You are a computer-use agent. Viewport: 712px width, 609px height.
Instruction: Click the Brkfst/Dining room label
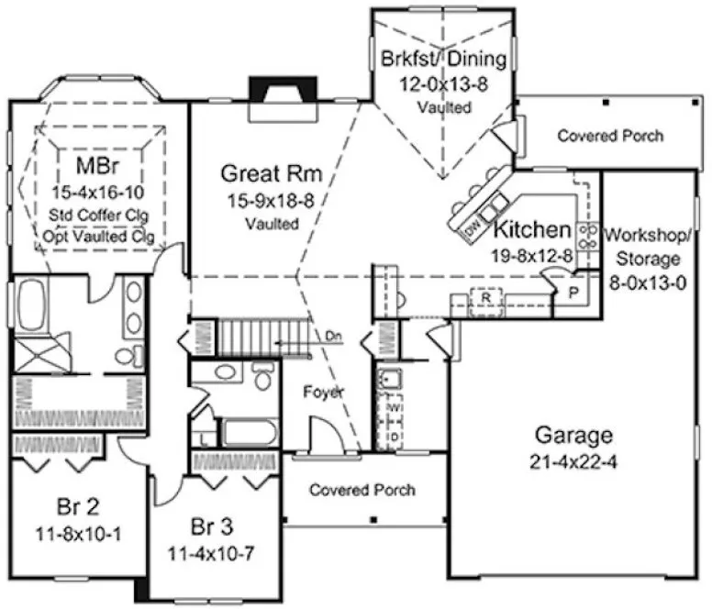coord(443,61)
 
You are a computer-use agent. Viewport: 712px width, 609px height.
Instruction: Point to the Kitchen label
coord(532,229)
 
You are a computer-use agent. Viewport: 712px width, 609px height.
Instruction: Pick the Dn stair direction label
coord(334,336)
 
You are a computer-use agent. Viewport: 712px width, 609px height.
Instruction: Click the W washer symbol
coord(395,404)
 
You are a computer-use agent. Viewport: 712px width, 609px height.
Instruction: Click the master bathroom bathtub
coord(33,306)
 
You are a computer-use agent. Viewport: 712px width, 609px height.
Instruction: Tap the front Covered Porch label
coord(362,491)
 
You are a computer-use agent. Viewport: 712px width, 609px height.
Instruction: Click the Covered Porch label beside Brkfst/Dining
coord(610,137)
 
